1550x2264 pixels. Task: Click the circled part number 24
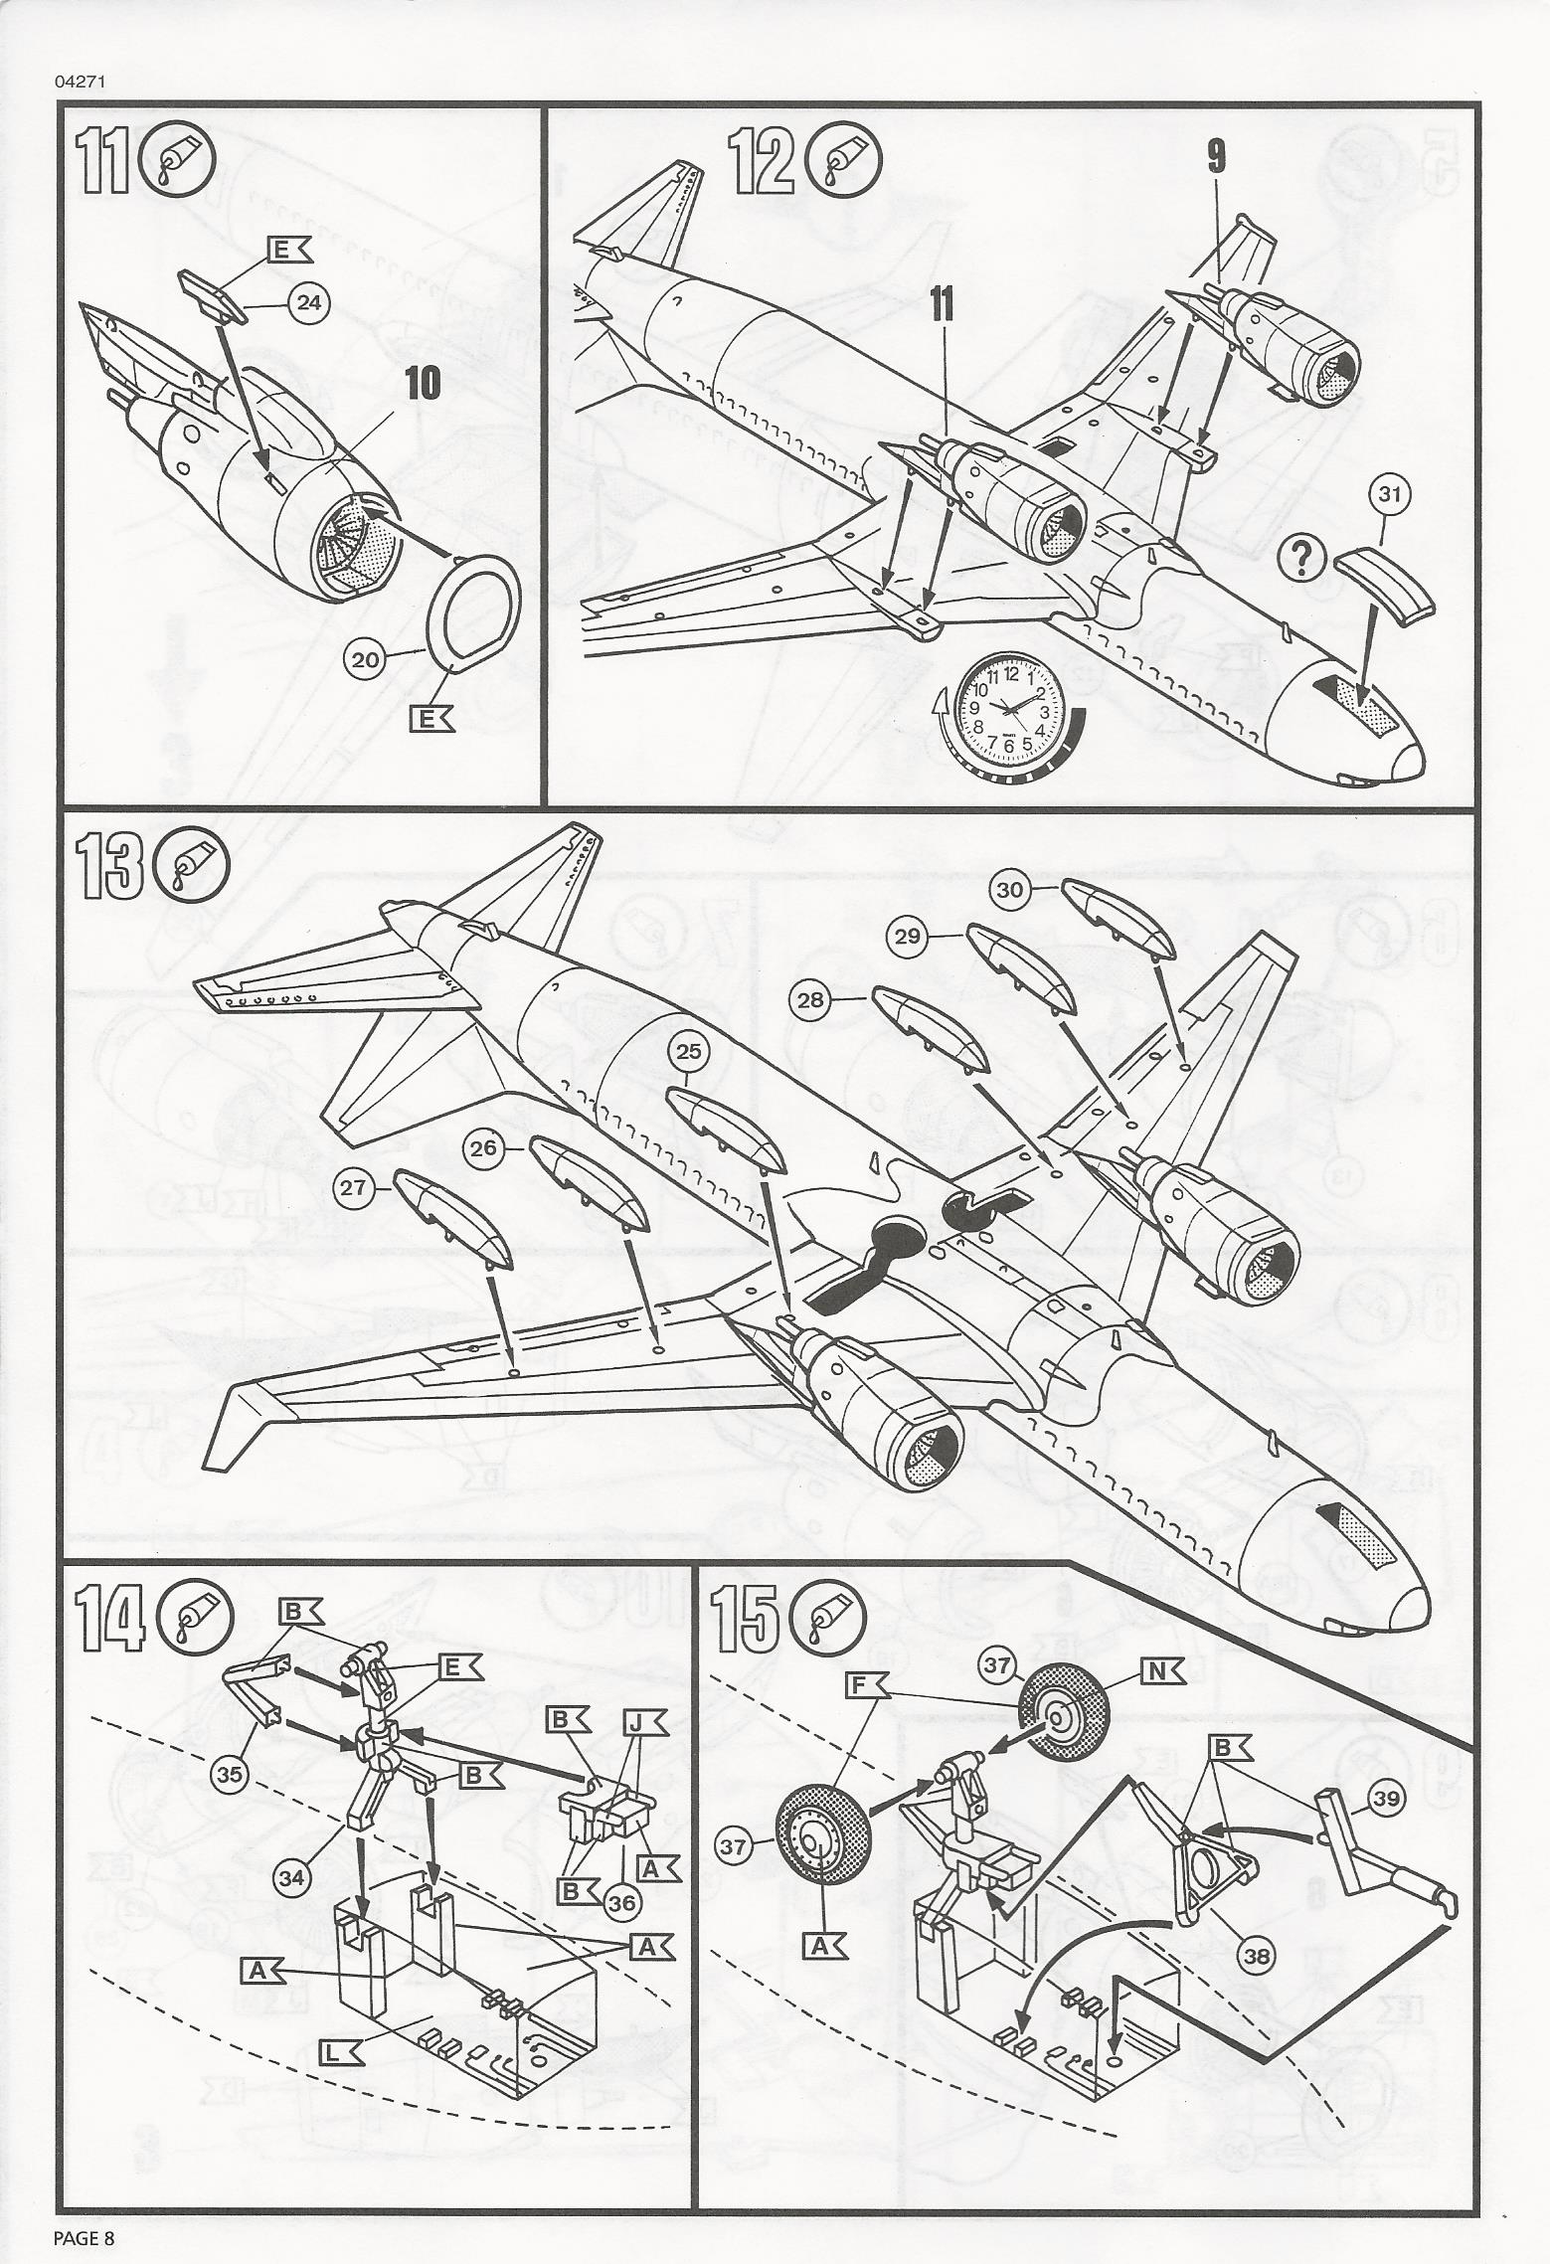point(309,301)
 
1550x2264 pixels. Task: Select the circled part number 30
point(1010,891)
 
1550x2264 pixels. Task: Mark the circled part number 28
point(812,1000)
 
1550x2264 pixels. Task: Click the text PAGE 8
point(84,2231)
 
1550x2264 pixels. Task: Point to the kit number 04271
point(81,83)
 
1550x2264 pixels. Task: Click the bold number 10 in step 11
point(424,384)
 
